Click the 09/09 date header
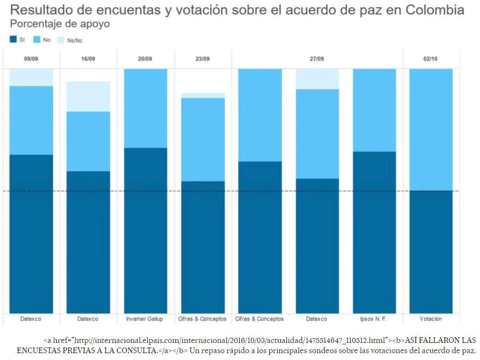(31, 59)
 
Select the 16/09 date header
(88, 59)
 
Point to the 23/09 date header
(203, 59)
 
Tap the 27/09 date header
(317, 59)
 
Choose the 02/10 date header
(431, 59)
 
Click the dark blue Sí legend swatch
(13, 40)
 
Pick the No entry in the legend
(47, 40)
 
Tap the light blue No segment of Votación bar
(431, 129)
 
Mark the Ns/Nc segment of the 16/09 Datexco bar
(88, 96)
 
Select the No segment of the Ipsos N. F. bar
(374, 110)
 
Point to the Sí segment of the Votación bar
(431, 252)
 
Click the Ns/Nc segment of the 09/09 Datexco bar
(31, 77)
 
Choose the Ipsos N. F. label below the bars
(374, 319)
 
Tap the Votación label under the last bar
(431, 319)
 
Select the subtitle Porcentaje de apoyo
(60, 24)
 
